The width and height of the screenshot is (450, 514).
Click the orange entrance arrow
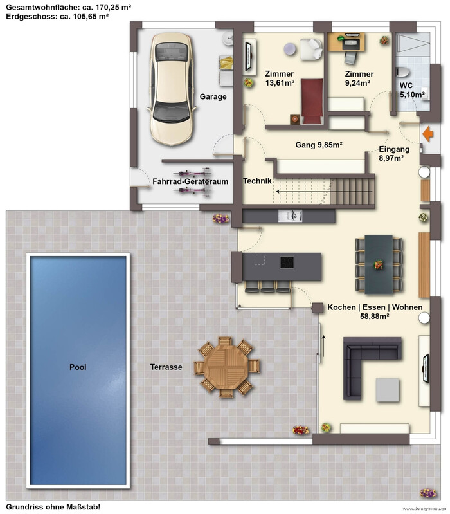428,134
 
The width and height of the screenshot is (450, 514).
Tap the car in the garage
171,89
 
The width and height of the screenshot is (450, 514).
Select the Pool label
78,367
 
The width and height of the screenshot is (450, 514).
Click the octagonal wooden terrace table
227,367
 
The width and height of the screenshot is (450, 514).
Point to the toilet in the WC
402,72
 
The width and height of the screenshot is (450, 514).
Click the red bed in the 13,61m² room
312,101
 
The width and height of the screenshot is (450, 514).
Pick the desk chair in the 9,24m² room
350,58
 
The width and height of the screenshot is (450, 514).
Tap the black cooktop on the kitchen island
287,262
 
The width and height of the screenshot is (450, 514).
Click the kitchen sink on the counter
290,216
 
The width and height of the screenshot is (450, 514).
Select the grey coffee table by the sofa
388,389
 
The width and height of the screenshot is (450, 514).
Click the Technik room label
257,181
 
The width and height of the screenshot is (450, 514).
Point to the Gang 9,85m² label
319,145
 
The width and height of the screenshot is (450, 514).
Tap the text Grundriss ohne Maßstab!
53,507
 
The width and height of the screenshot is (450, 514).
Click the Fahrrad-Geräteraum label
190,181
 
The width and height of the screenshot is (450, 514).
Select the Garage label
213,96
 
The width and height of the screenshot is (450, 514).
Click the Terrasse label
166,367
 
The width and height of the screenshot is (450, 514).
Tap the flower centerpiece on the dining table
379,264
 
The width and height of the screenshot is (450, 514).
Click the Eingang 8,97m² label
394,154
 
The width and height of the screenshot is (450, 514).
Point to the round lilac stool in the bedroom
290,49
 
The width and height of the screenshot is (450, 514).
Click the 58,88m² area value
375,317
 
